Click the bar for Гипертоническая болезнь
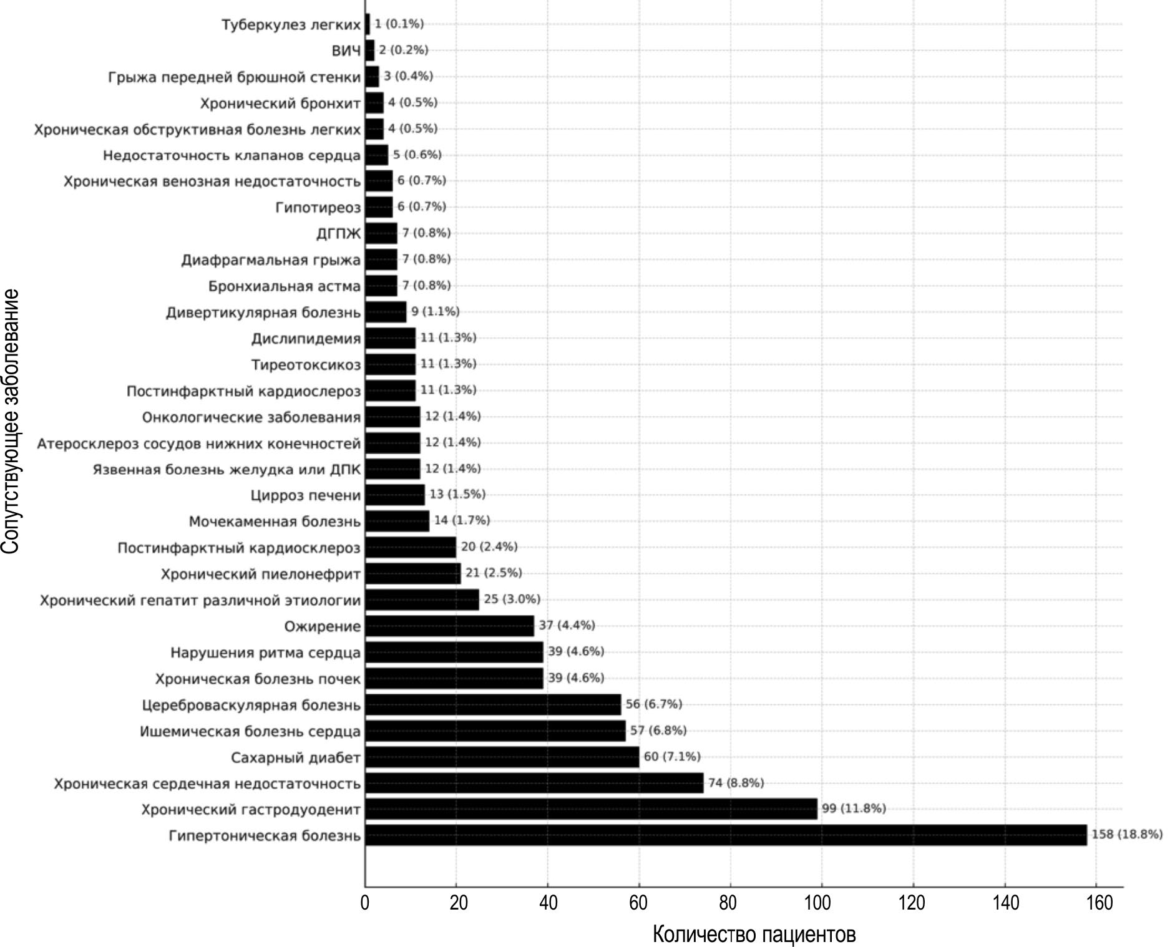(x=725, y=835)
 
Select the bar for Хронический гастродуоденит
(x=591, y=809)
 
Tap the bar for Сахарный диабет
(x=502, y=757)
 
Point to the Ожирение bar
(x=449, y=626)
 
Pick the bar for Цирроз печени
(x=394, y=495)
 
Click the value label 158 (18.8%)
(x=1127, y=835)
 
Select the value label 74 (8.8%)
(x=736, y=783)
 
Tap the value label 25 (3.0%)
(x=512, y=600)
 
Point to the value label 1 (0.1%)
(x=399, y=24)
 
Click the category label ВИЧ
(x=346, y=51)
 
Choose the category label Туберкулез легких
(x=291, y=25)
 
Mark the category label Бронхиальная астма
(x=285, y=286)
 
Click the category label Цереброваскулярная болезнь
(x=251, y=705)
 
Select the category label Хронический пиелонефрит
(x=261, y=574)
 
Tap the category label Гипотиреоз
(x=318, y=207)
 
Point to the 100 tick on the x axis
(x=821, y=903)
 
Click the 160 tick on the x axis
(x=1096, y=903)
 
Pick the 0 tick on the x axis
(x=365, y=903)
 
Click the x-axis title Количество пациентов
(x=754, y=934)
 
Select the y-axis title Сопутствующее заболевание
(x=11, y=420)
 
